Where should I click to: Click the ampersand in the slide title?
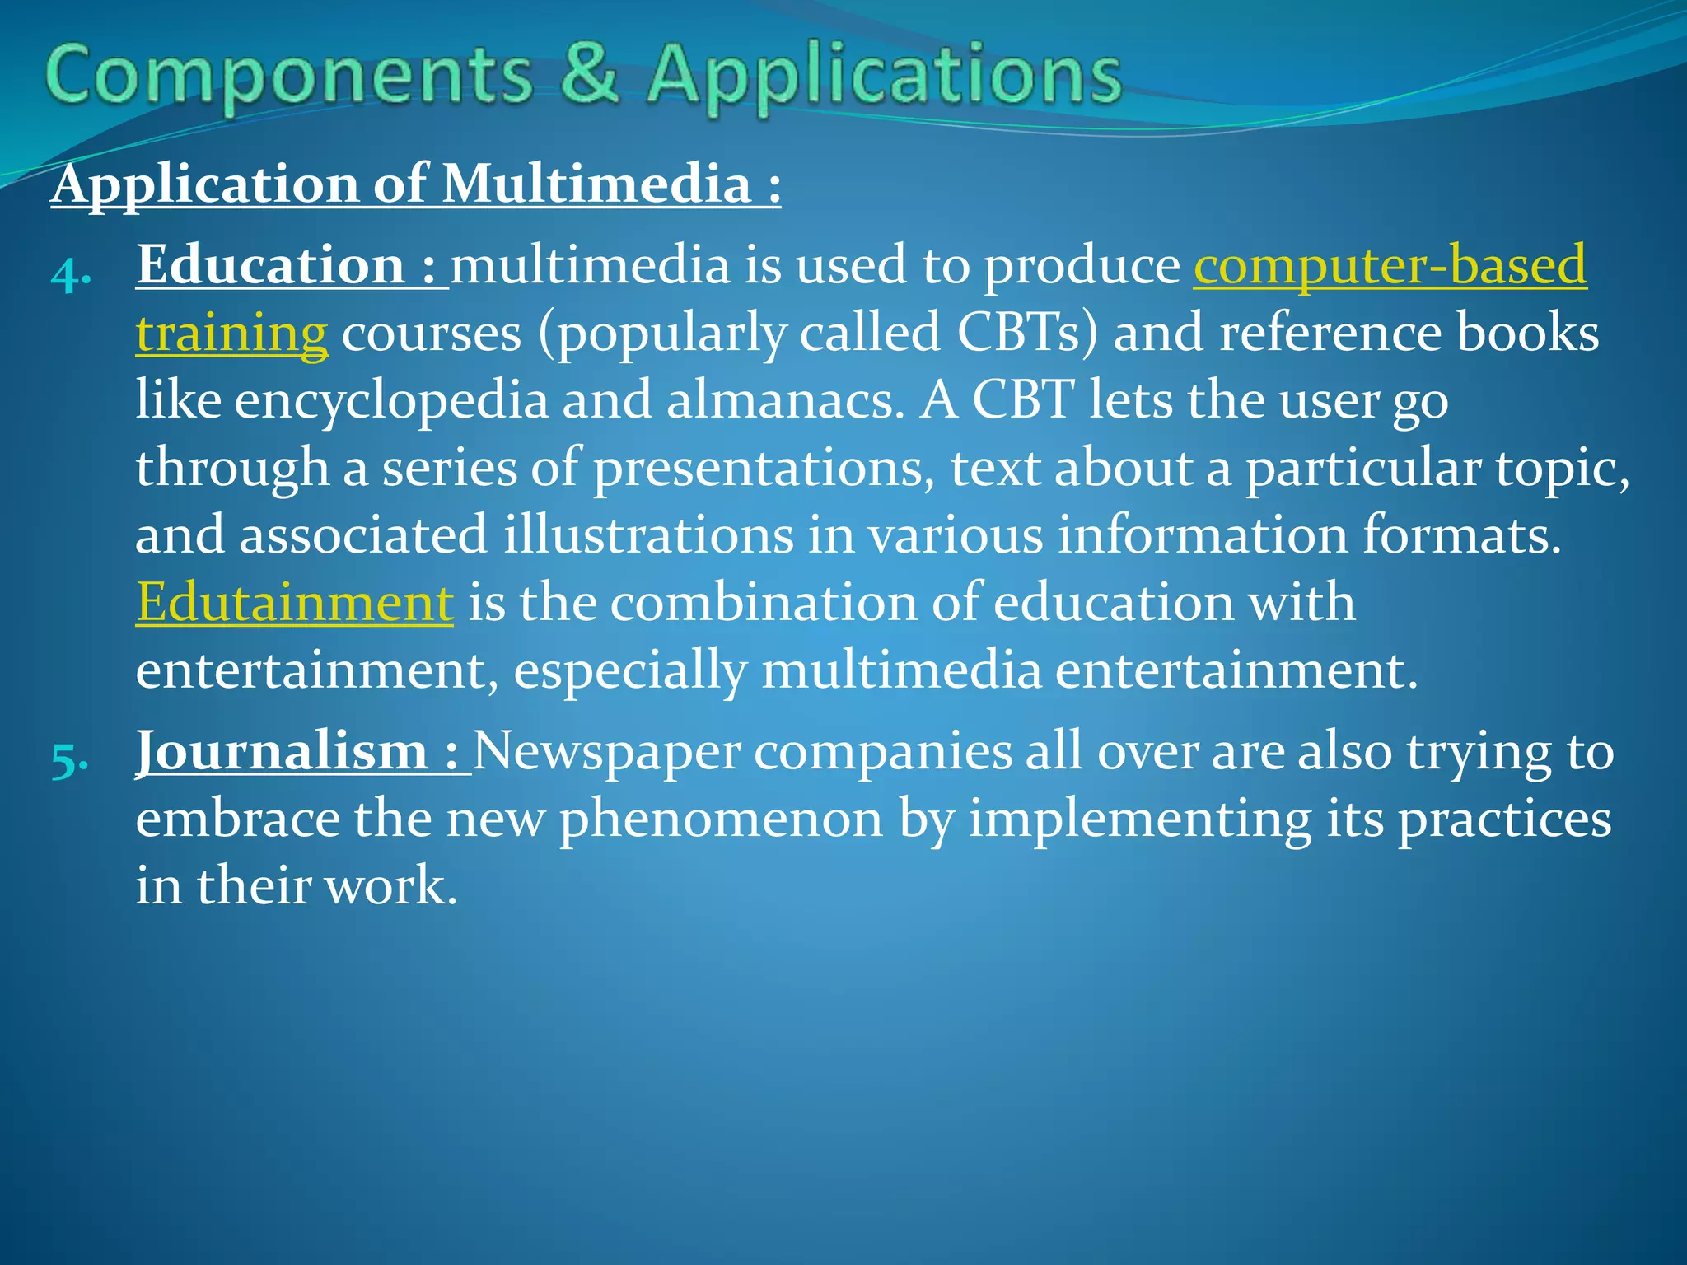tap(588, 74)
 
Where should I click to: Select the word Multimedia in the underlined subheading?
tap(596, 184)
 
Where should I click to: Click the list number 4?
tap(70, 274)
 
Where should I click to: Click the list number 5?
tap(70, 760)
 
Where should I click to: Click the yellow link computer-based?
tap(1390, 266)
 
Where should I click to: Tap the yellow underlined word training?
tap(231, 334)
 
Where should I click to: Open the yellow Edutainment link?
tap(294, 602)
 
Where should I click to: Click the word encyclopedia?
tap(391, 401)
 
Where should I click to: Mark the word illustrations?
tap(649, 534)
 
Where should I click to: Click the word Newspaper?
tap(606, 752)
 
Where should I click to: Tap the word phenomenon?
tap(722, 819)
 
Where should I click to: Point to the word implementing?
tap(1139, 819)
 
